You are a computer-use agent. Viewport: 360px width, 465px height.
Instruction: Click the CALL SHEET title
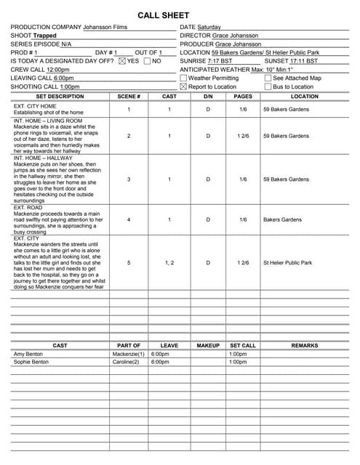coord(164,15)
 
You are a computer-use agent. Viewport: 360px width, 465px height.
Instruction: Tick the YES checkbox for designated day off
coord(122,61)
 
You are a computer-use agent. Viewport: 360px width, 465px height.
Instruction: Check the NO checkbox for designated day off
coord(147,61)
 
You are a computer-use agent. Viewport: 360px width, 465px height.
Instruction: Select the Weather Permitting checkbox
coord(183,78)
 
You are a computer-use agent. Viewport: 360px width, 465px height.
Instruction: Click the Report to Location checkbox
coord(183,86)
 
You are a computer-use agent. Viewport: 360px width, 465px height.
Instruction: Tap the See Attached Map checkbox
coord(268,78)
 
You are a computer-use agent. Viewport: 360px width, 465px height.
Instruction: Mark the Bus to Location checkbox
coord(268,86)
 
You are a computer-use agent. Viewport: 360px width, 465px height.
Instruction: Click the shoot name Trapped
coord(44,35)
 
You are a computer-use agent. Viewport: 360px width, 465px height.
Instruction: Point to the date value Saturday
coord(211,27)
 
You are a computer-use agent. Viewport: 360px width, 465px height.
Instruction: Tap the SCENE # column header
coord(129,96)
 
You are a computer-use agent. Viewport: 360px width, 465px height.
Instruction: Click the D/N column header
coord(208,96)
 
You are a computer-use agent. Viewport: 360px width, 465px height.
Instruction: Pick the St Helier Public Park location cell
coord(287,263)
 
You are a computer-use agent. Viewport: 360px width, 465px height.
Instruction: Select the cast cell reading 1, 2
coord(169,263)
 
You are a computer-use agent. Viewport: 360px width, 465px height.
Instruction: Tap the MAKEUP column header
coord(208,346)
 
